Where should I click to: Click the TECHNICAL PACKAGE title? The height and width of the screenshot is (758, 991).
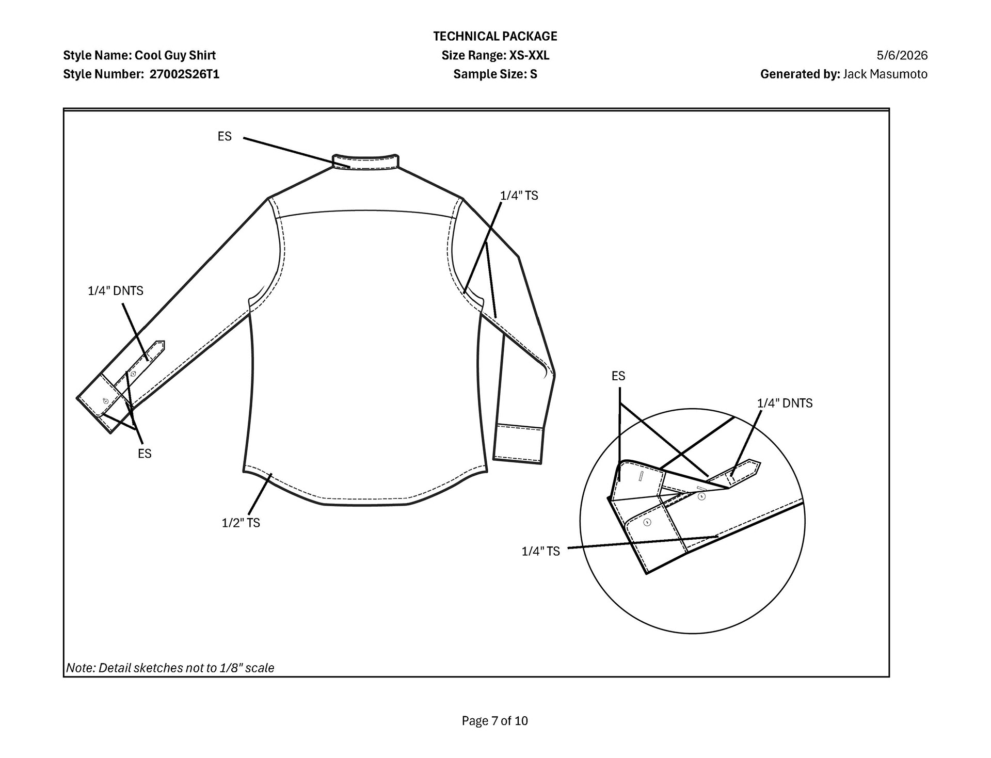tap(495, 36)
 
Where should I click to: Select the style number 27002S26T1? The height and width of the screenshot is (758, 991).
tap(184, 74)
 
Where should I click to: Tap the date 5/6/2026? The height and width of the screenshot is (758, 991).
tap(902, 55)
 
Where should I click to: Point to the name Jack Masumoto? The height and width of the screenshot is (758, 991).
tap(885, 74)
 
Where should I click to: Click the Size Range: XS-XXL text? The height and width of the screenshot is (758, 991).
tap(495, 55)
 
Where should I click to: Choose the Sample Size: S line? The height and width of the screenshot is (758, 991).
tap(495, 74)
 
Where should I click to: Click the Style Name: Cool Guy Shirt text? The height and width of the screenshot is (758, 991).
tap(139, 55)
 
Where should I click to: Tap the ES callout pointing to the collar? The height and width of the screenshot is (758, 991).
tap(225, 136)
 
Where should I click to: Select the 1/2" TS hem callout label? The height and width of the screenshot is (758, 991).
tap(241, 523)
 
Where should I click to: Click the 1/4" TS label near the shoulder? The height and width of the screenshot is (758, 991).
tap(519, 196)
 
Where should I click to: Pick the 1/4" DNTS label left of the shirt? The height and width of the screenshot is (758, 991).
tap(116, 291)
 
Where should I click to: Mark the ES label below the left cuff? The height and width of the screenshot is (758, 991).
tap(145, 454)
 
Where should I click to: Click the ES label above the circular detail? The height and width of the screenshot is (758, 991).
tap(618, 376)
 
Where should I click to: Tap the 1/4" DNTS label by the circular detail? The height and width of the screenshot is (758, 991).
tap(785, 403)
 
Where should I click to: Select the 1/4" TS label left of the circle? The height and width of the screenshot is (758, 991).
tap(540, 551)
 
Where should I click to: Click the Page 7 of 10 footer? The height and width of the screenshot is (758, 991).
tap(495, 721)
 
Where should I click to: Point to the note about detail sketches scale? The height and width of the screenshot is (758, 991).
tap(170, 668)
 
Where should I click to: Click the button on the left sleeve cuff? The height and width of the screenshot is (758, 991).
tap(106, 400)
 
